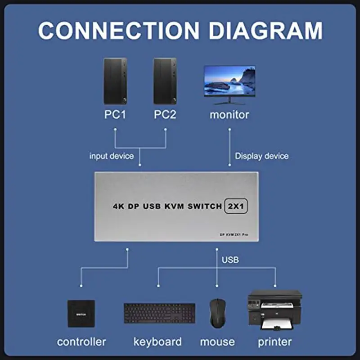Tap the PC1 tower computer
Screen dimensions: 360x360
[115, 81]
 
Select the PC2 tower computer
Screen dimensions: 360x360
[165, 81]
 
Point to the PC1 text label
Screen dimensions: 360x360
[115, 115]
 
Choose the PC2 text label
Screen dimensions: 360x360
[165, 115]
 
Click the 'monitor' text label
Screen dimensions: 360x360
[229, 115]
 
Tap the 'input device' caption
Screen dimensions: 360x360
[112, 156]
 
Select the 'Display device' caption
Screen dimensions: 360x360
[262, 156]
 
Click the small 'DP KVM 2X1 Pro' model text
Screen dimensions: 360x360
[234, 235]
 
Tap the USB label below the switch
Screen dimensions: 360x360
[230, 260]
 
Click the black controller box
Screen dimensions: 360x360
[81, 313]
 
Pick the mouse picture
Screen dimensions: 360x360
[217, 313]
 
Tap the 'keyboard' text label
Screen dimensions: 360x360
[157, 342]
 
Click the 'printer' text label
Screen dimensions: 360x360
[274, 342]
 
